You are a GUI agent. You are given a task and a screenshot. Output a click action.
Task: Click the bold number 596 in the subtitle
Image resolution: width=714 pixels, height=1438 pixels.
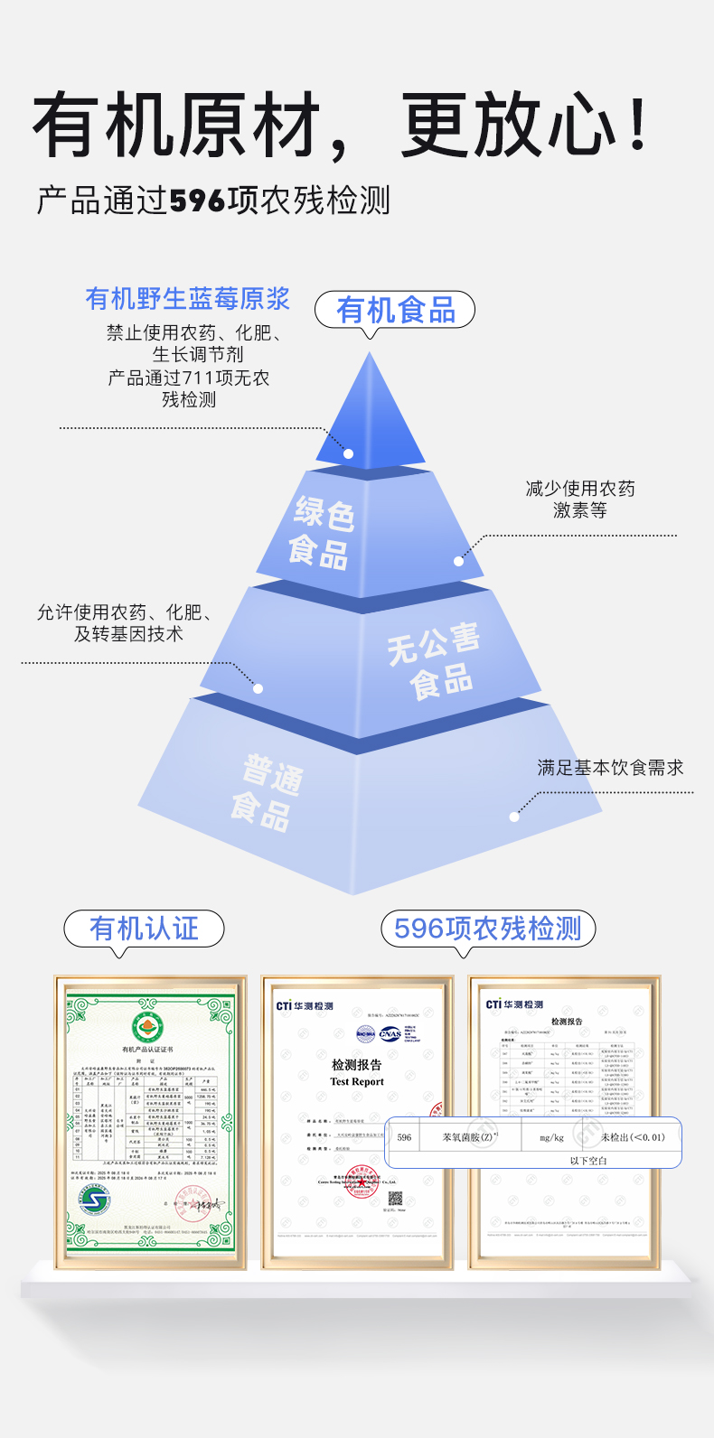[198, 201]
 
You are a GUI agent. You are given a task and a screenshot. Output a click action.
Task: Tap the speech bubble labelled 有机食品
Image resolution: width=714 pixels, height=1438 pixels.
[395, 311]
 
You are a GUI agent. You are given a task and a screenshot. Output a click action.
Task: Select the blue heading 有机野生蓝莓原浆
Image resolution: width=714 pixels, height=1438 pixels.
[188, 299]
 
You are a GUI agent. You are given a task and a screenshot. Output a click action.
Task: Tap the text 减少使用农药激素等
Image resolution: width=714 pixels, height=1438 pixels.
[580, 500]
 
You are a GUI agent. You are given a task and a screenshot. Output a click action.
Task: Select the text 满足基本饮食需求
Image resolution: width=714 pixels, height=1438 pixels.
[610, 768]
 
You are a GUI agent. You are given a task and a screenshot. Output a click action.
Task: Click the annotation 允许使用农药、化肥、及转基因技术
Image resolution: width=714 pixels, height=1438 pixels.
[126, 623]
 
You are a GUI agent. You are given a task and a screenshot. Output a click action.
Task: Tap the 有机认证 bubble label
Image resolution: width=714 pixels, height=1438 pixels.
[144, 929]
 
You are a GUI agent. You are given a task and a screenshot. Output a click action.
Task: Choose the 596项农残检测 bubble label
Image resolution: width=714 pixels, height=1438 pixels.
[487, 929]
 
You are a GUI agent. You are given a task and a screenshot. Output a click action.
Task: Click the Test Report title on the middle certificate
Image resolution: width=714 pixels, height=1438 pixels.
[357, 1081]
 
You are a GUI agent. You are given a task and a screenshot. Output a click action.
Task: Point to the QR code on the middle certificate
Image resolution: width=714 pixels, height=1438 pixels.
[395, 1199]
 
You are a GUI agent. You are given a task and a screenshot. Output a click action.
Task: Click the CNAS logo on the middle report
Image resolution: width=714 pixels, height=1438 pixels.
[390, 1034]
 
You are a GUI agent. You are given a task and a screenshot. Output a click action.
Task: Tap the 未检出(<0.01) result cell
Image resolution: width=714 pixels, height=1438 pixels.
[633, 1137]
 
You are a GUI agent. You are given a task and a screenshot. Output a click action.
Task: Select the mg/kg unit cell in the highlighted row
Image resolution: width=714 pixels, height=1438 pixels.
[551, 1137]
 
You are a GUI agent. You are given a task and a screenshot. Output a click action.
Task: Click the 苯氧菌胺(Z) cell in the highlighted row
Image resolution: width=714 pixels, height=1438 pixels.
[469, 1137]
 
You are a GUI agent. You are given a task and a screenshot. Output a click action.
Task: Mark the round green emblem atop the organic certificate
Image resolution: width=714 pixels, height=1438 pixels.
[149, 1027]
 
